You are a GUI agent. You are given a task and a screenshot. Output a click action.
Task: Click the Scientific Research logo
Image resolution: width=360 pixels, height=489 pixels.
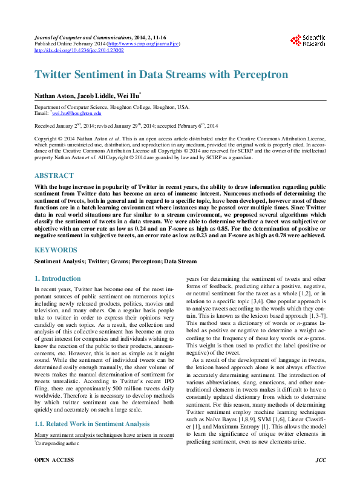click(x=309, y=41)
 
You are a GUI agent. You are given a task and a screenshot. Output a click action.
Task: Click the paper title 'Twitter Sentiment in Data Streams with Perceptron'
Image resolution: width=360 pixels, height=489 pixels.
click(x=161, y=74)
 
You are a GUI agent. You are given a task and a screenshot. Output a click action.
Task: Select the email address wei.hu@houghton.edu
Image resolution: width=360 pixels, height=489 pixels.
click(x=77, y=113)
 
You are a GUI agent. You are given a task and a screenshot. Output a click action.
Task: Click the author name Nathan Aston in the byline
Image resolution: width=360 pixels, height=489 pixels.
click(x=54, y=95)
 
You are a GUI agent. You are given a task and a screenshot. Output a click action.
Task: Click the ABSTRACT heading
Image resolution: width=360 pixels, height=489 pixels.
click(x=54, y=176)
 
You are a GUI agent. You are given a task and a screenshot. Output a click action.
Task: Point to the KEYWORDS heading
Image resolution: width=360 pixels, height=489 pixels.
click(x=56, y=249)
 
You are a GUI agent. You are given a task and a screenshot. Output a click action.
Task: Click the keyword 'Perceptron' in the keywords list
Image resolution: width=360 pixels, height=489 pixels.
click(x=145, y=261)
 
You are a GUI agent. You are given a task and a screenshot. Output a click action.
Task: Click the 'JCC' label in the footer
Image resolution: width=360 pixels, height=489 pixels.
click(x=321, y=477)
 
